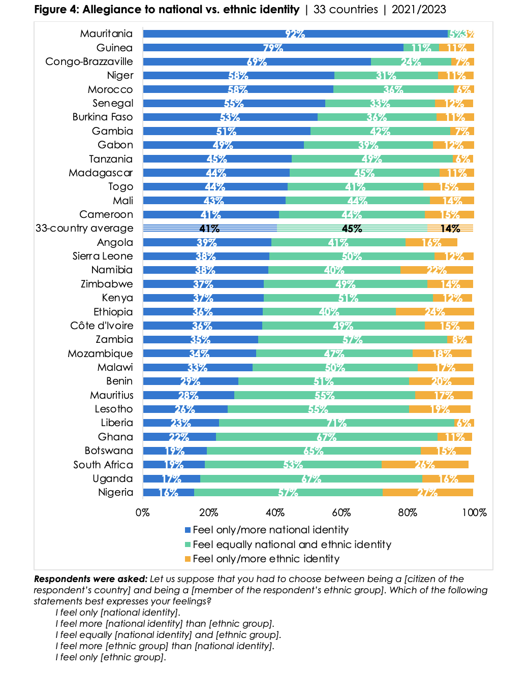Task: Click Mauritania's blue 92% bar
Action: point(295,34)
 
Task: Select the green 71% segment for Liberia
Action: point(336,423)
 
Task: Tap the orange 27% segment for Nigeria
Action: point(427,492)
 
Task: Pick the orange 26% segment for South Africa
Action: point(425,464)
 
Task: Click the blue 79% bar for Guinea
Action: point(273,48)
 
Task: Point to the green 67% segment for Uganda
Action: point(311,478)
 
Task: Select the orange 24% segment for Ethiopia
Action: point(434,311)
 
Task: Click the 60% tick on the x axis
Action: point(341,512)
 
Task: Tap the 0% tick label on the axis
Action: point(143,512)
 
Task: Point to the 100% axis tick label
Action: point(474,512)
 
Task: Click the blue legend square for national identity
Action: point(188,530)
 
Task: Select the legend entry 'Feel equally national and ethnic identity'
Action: point(292,544)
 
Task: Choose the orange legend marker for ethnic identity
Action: point(188,559)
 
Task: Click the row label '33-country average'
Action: point(84,228)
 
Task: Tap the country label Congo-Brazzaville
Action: point(89,61)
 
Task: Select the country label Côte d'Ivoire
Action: point(102,326)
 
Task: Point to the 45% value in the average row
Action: point(352,229)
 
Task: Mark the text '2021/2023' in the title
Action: point(419,10)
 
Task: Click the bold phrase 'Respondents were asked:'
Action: point(90,579)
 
